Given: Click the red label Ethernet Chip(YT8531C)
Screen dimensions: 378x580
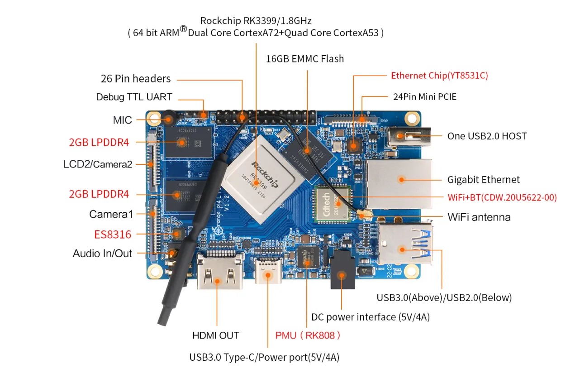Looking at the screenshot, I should [x=439, y=76].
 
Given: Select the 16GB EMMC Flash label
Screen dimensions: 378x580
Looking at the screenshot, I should [x=304, y=59].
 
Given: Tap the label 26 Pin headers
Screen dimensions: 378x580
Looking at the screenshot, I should [x=136, y=79].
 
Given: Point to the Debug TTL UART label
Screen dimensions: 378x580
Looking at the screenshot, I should [x=134, y=97].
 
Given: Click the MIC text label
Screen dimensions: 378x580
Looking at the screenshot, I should [x=122, y=120].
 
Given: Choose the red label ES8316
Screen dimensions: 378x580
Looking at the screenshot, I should [x=113, y=234].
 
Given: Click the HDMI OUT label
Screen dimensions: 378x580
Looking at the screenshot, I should [x=216, y=335].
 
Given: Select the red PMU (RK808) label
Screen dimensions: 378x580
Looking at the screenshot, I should [x=308, y=335].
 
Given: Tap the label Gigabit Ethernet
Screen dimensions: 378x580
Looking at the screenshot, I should [x=483, y=180].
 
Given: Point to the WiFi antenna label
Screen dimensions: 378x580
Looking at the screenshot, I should [x=479, y=217].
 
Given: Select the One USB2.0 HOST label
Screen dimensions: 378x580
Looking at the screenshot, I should [x=487, y=136].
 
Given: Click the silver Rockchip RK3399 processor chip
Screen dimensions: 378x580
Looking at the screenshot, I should [x=258, y=181].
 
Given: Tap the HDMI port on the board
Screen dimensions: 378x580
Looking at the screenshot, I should [x=219, y=272].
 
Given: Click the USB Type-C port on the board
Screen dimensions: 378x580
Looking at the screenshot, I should [x=268, y=271].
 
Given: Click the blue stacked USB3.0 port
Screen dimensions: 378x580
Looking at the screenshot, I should [x=404, y=245].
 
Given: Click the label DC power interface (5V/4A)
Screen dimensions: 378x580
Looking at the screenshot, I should [x=370, y=317].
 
